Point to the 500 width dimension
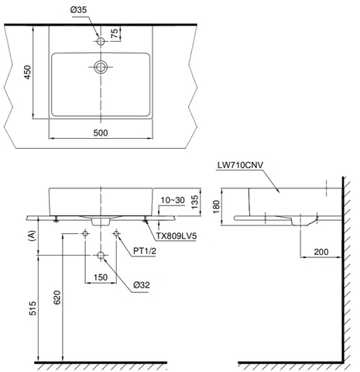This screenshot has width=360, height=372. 101,133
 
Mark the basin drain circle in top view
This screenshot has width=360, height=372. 101,68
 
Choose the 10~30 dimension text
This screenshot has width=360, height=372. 172,200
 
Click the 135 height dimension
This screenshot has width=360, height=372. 195,204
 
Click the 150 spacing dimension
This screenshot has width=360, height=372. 101,277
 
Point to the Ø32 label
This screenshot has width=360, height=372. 142,285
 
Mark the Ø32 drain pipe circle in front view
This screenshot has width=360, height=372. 101,255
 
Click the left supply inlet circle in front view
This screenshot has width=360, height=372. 85,233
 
